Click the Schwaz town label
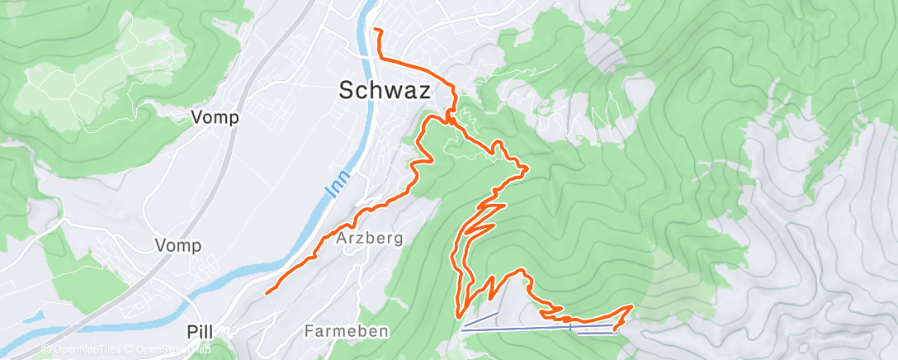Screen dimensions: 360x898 click(x=385, y=92)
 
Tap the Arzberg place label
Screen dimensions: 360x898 click(x=370, y=239)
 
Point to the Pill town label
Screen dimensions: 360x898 click(x=200, y=332)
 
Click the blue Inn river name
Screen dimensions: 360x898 click(x=333, y=185)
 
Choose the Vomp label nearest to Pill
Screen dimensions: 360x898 click(x=178, y=245)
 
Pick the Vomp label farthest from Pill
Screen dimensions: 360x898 click(x=215, y=117)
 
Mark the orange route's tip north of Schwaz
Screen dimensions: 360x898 click(x=376, y=31)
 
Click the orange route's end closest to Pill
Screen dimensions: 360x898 click(x=266, y=291)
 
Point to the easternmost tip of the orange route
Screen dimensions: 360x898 click(x=632, y=306)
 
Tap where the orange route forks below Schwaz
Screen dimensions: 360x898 click(x=451, y=121)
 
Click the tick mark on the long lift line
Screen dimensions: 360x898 click(x=570, y=327)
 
